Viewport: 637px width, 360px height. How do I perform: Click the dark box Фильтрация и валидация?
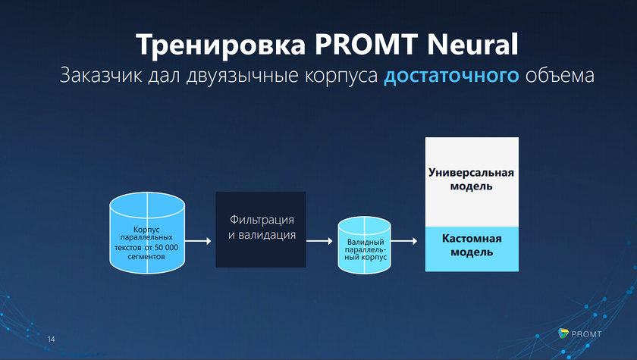pyautogui.click(x=261, y=229)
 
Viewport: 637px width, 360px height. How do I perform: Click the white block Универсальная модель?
pyautogui.click(x=472, y=180)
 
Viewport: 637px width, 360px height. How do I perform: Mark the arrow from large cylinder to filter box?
pyautogui.click(x=198, y=241)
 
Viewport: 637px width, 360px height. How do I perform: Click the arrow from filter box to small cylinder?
pyautogui.click(x=319, y=241)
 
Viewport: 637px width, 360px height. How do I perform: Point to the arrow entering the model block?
pyautogui.click(x=404, y=241)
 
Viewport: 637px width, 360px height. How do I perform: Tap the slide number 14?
pyautogui.click(x=52, y=338)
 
